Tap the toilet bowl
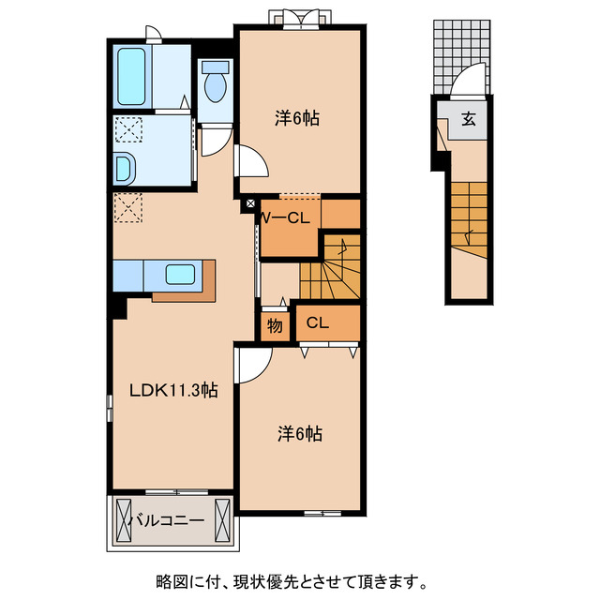click(x=215, y=85)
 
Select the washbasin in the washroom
click(x=124, y=169)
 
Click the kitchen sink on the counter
click(x=179, y=275)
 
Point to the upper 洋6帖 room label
click(x=296, y=119)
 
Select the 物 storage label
click(x=274, y=325)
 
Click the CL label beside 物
click(x=317, y=324)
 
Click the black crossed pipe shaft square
click(x=249, y=203)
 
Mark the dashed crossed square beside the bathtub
click(x=127, y=128)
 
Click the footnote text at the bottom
click(x=300, y=579)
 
